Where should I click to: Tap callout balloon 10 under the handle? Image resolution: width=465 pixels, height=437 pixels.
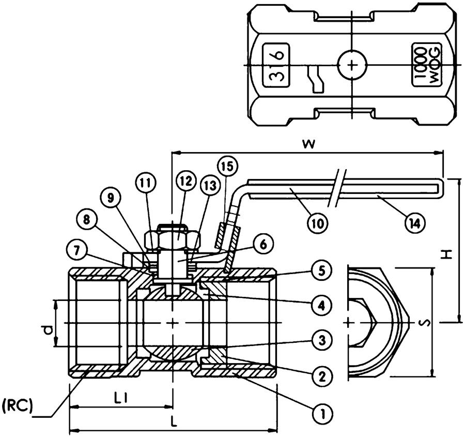(317, 223)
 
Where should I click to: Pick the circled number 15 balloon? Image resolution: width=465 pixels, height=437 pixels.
(228, 166)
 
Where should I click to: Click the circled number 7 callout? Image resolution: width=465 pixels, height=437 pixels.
(76, 250)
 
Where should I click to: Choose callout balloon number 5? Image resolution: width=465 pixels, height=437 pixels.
(321, 271)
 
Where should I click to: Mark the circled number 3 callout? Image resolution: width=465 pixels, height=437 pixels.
(321, 340)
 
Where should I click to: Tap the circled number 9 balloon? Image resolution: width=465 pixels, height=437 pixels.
(110, 198)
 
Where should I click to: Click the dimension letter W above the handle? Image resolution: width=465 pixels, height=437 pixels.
(308, 145)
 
